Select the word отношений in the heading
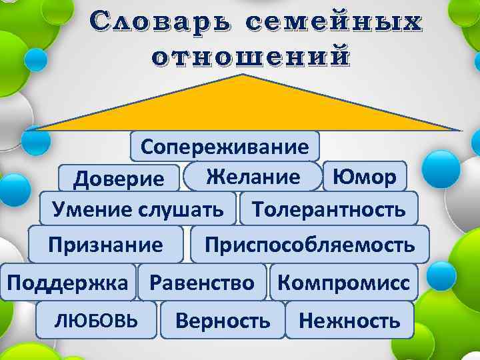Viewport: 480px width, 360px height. click(250, 55)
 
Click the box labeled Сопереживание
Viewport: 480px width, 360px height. click(225, 147)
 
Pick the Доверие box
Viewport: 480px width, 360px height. click(119, 178)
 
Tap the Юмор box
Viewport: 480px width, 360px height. click(364, 176)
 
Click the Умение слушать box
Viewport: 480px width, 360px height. click(138, 209)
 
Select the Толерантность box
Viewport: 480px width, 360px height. click(329, 209)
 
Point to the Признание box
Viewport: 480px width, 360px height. click(106, 244)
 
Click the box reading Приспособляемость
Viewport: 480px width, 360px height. click(309, 244)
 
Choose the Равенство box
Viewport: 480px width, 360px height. click(202, 282)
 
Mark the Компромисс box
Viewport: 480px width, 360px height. click(343, 282)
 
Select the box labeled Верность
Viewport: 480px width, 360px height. click(223, 320)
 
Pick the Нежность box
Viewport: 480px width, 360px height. click(349, 320)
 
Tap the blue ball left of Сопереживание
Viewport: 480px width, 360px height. click(35, 140)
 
